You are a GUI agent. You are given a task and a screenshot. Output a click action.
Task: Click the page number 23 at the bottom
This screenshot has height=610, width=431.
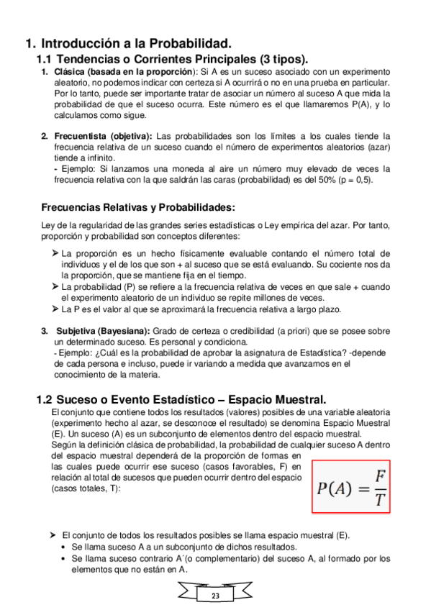click(x=215, y=596)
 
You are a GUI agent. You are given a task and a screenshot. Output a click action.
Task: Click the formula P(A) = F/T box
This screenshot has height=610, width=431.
click(x=350, y=486)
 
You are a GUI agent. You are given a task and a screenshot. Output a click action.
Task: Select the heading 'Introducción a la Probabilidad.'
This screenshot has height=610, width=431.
click(x=136, y=43)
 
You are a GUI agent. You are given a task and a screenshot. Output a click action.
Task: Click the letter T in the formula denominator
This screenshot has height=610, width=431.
click(x=379, y=499)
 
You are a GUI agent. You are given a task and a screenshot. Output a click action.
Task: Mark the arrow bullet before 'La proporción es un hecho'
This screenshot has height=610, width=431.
click(x=55, y=253)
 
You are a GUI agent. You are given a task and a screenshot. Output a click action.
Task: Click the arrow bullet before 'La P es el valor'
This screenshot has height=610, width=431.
click(x=55, y=309)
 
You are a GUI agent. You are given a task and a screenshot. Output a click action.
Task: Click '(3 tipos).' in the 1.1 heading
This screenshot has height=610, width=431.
click(x=280, y=58)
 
